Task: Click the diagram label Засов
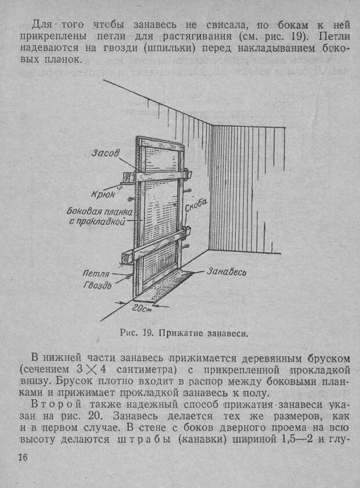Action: (x=106, y=153)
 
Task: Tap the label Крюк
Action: (x=103, y=194)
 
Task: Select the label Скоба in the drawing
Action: (x=196, y=206)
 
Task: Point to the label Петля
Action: (x=96, y=274)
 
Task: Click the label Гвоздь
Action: (x=98, y=285)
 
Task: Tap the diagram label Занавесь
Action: (x=226, y=272)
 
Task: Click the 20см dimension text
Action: (x=142, y=309)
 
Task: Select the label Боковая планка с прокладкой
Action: (x=99, y=216)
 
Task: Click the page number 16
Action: (x=23, y=458)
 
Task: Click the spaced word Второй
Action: (x=56, y=404)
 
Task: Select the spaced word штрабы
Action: (x=144, y=439)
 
